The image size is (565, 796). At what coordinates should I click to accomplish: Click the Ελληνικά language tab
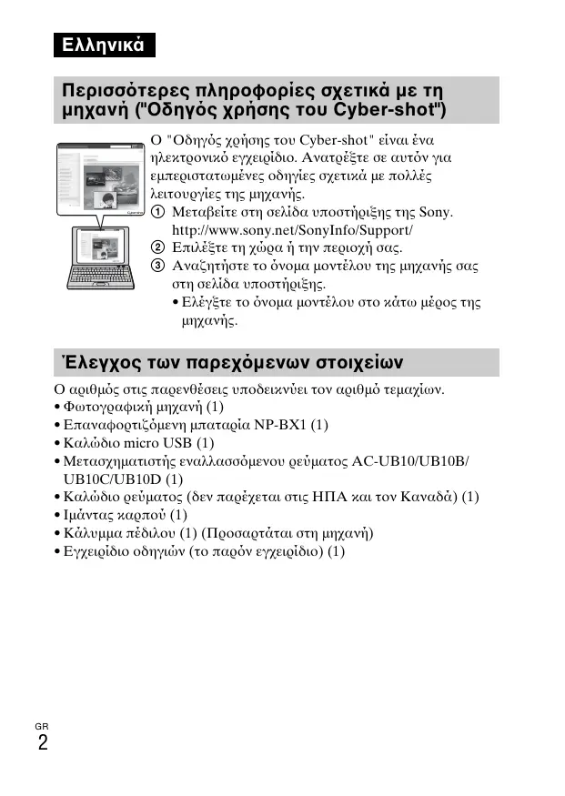[x=102, y=45]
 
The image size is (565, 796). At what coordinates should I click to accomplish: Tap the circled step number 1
[x=158, y=213]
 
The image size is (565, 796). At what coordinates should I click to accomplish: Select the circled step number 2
[x=158, y=247]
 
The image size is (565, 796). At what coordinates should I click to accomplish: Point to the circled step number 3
[x=158, y=267]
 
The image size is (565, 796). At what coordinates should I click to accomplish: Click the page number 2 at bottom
[x=43, y=743]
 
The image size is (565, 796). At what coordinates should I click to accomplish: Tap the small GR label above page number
[x=42, y=725]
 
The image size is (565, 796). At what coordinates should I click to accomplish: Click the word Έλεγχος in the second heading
[x=96, y=362]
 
